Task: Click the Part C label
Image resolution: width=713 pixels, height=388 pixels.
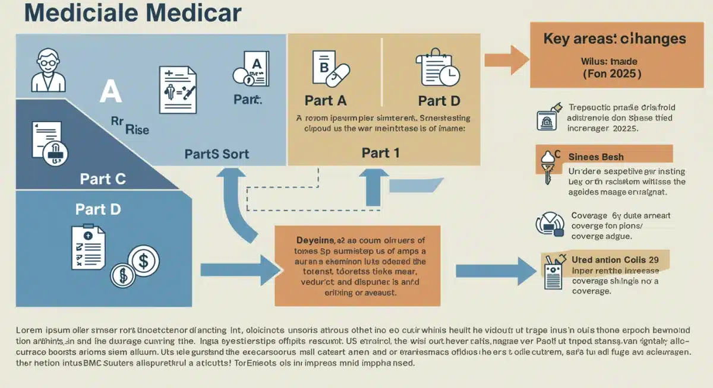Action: click(x=103, y=179)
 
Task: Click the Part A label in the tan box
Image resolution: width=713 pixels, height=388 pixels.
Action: click(x=326, y=100)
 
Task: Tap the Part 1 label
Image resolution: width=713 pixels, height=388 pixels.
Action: click(x=380, y=152)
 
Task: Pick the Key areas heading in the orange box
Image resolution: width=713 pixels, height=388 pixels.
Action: click(x=614, y=39)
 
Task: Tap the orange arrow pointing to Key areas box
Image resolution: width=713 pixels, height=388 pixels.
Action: click(x=506, y=59)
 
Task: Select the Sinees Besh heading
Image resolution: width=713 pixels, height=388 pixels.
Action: click(x=595, y=157)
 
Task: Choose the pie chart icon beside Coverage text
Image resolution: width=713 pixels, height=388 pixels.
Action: click(x=550, y=224)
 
